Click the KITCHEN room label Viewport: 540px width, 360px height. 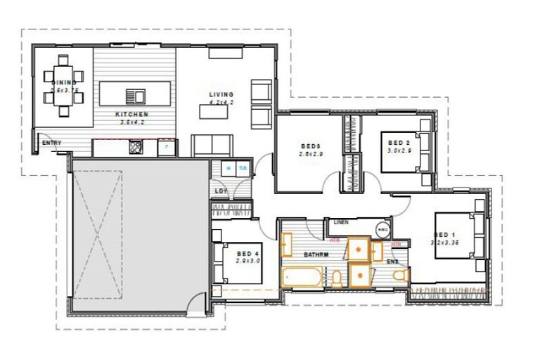131,113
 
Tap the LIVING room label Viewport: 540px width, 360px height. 221,94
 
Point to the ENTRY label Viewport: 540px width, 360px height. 51,143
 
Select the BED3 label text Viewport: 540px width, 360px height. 309,146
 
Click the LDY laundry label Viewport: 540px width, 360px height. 220,191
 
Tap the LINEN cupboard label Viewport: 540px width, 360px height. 341,222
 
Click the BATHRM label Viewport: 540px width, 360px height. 316,254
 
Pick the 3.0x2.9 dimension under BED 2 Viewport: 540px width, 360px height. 399,150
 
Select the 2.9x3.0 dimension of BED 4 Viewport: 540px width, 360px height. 248,260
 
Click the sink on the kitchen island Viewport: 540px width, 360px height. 136,96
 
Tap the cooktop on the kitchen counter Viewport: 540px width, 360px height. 135,148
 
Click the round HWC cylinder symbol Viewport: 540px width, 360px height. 383,230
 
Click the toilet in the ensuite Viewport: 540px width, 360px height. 397,278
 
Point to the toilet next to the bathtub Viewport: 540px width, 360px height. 336,278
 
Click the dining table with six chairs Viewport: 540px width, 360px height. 64,84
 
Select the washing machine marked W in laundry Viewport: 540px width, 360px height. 229,168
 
